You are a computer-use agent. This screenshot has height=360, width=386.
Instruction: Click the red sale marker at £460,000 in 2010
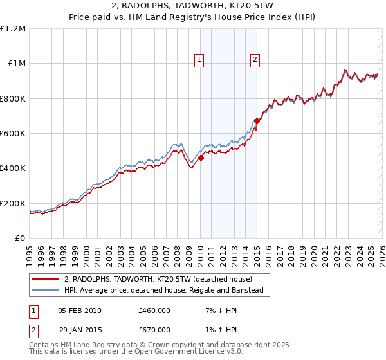click(x=201, y=157)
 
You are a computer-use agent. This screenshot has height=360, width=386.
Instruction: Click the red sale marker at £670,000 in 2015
click(x=257, y=121)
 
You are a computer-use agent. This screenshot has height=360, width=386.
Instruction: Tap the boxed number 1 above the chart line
click(x=199, y=60)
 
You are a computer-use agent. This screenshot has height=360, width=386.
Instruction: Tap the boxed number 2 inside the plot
click(x=255, y=60)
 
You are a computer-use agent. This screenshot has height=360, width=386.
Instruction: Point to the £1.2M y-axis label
click(x=13, y=29)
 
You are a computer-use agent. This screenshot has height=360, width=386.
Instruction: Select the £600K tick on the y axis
click(x=13, y=134)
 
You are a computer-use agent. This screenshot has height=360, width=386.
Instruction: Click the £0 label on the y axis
click(x=21, y=239)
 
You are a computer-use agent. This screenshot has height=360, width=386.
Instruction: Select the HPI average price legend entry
click(x=163, y=290)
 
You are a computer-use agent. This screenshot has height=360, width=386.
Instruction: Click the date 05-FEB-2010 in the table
click(x=79, y=310)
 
